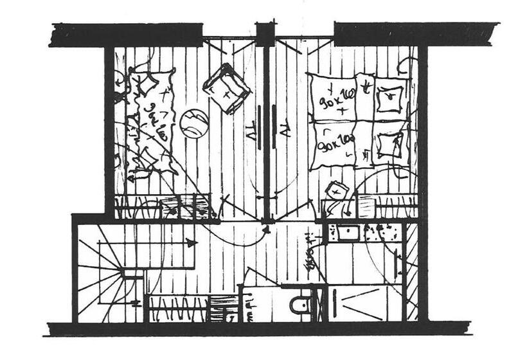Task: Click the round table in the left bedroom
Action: point(193,123)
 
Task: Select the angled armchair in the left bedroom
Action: point(226,89)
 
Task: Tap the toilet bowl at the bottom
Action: point(300,304)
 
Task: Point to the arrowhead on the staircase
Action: point(191,243)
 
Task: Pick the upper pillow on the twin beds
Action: point(389,98)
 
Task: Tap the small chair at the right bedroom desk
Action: point(336,191)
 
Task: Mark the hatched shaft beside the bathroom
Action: point(412,270)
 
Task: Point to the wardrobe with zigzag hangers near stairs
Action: point(177,308)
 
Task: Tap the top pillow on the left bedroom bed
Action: point(148,84)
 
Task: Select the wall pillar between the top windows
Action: point(265,33)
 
